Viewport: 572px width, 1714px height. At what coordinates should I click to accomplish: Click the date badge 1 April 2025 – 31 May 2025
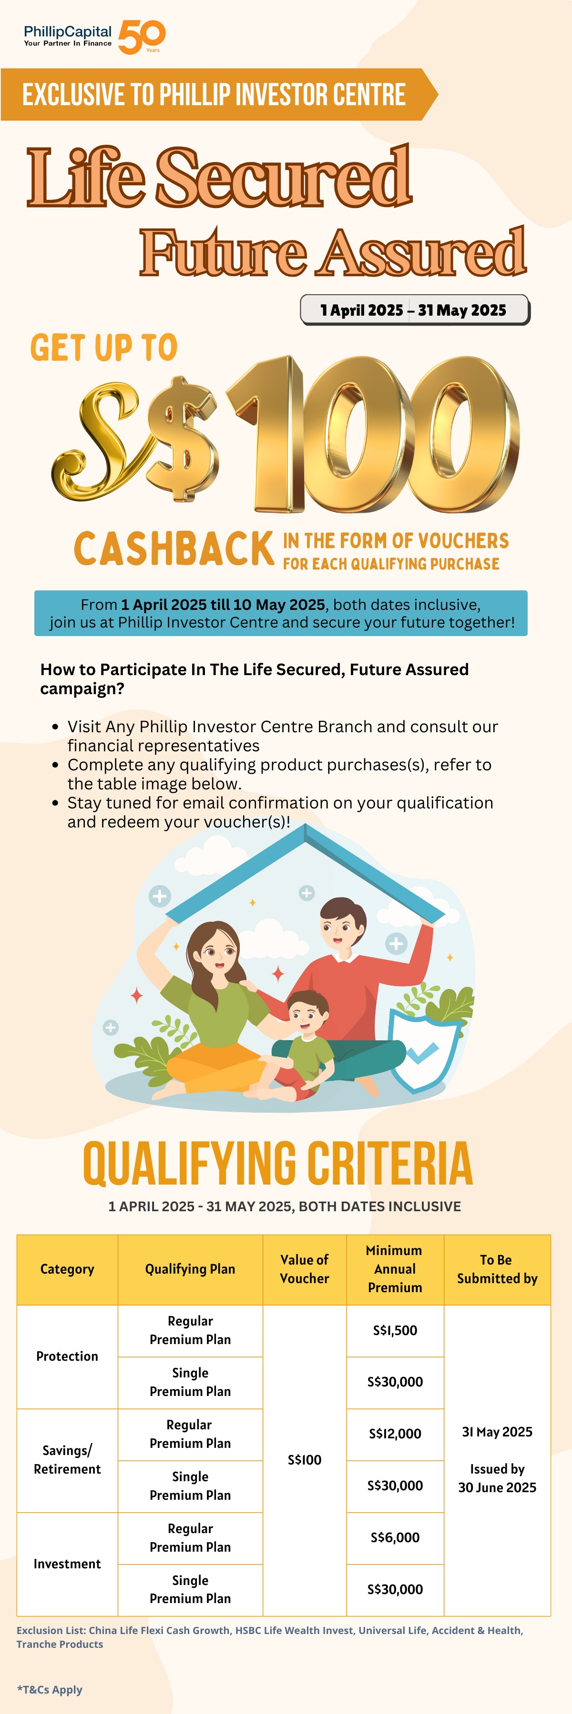coord(414,310)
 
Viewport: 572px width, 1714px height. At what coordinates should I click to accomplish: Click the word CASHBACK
coord(174,549)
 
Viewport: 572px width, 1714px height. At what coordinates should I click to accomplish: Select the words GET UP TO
coord(104,348)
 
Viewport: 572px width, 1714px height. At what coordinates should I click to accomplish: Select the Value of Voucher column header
coord(304,1269)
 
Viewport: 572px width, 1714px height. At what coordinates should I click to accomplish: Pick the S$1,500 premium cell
coord(395,1331)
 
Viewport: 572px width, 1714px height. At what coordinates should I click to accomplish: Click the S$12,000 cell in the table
coord(395,1434)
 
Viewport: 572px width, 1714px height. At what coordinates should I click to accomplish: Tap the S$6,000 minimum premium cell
coord(395,1538)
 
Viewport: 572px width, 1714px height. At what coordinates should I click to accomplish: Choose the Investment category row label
coord(67,1564)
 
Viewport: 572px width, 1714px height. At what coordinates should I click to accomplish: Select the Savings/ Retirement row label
coord(67,1460)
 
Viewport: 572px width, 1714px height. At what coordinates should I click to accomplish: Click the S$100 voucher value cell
coord(304,1460)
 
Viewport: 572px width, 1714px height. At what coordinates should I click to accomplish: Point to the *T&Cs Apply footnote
coord(50,1689)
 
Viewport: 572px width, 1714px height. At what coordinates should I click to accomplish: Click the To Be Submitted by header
coord(497,1269)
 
